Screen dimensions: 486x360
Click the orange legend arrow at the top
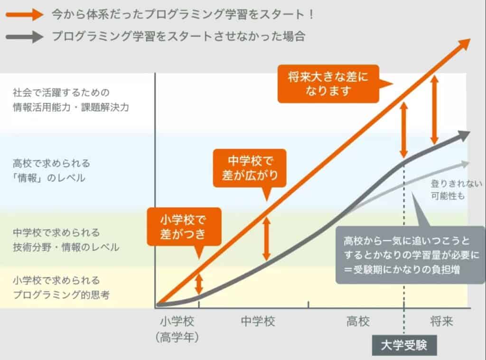[x=24, y=15]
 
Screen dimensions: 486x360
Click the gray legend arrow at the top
[x=24, y=37]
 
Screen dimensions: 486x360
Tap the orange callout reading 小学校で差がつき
[x=184, y=227]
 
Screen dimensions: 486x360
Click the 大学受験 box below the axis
[x=404, y=345]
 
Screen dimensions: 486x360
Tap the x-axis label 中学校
[x=258, y=322]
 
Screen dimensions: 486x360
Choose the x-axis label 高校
[x=357, y=322]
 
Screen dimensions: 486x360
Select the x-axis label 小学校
[x=178, y=322]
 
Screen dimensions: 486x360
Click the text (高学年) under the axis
[x=178, y=337]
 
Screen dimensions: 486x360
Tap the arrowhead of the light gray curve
[x=465, y=163]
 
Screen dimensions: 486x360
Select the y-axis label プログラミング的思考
[x=62, y=295]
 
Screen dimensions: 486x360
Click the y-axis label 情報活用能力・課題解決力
[x=71, y=107]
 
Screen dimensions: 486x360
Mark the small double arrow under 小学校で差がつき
[x=199, y=284]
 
